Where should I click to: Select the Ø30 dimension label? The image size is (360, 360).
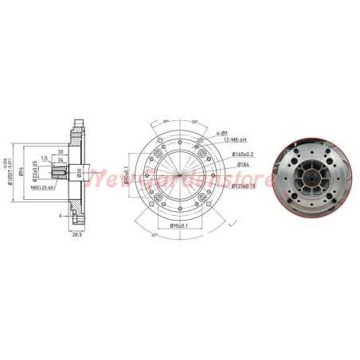[80, 173]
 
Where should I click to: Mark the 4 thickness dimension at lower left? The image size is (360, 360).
[61, 215]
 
